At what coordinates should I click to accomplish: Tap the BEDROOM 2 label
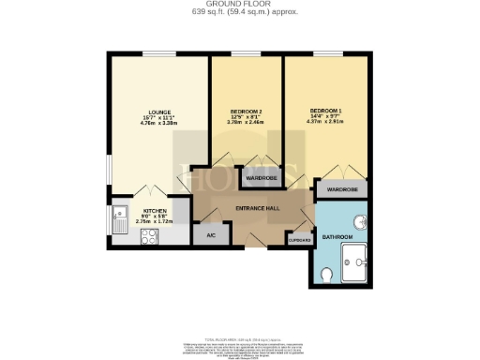coord(247,111)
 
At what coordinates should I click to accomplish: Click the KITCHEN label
coord(156,211)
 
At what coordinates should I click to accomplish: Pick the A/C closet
coord(211,235)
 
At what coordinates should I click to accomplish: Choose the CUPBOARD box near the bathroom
coord(299,241)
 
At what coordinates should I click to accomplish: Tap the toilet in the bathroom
coord(326,274)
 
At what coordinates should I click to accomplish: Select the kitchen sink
coord(120,217)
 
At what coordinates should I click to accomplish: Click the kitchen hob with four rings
coord(148,237)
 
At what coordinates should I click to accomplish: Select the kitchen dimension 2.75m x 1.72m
coord(156,222)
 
